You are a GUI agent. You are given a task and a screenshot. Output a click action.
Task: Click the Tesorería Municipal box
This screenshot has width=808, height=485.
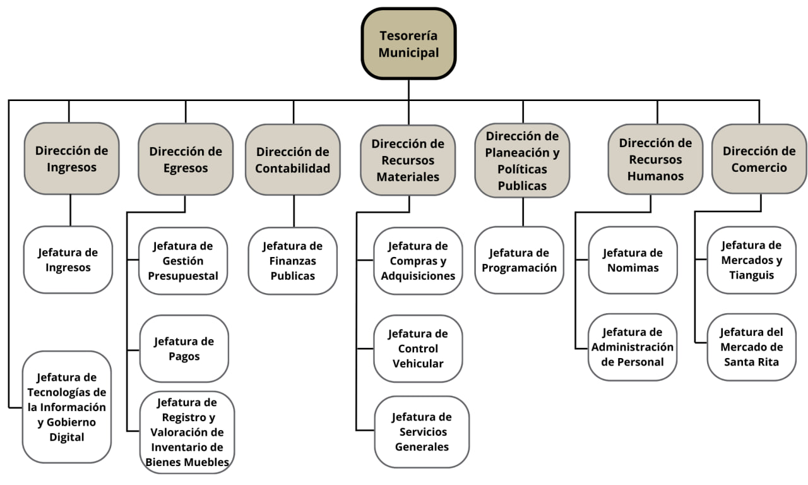(408, 44)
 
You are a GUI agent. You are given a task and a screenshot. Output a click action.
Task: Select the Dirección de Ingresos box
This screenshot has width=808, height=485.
(71, 159)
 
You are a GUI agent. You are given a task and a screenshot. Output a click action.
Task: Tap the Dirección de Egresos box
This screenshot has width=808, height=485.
(186, 159)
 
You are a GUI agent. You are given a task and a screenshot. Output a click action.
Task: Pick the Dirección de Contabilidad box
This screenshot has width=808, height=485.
(293, 159)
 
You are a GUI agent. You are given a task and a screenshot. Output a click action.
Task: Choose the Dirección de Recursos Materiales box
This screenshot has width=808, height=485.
(408, 160)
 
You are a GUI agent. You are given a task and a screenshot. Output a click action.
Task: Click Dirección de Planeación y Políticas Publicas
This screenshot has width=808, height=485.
(522, 160)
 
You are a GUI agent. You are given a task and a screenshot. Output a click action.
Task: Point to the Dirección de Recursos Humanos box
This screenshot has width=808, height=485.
(655, 159)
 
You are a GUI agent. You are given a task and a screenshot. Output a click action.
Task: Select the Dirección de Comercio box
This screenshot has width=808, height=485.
(759, 159)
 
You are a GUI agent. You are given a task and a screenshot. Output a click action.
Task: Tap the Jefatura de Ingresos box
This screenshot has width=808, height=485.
(68, 260)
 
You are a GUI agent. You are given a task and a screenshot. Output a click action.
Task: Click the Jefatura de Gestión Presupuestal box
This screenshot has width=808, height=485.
(183, 260)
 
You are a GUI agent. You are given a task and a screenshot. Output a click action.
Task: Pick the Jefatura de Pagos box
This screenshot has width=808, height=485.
(184, 349)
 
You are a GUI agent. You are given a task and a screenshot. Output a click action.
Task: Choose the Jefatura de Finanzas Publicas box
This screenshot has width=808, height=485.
(293, 260)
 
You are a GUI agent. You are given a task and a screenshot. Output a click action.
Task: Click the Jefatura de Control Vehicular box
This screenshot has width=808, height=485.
(418, 349)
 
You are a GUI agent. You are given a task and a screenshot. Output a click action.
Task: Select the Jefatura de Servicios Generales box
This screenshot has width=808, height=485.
(422, 432)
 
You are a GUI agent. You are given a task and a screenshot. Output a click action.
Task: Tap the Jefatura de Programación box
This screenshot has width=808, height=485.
(519, 260)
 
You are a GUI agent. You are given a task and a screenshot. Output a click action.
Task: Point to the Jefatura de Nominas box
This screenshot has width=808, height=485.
(633, 260)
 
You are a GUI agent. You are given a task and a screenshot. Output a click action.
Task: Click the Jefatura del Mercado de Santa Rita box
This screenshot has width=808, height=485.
(751, 347)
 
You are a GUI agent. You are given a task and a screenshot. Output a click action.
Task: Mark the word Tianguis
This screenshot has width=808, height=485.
(751, 275)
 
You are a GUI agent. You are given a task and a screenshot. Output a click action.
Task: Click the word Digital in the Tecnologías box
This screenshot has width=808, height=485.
(67, 437)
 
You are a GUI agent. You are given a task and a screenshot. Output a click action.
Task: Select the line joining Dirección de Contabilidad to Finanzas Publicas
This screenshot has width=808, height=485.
(294, 211)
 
